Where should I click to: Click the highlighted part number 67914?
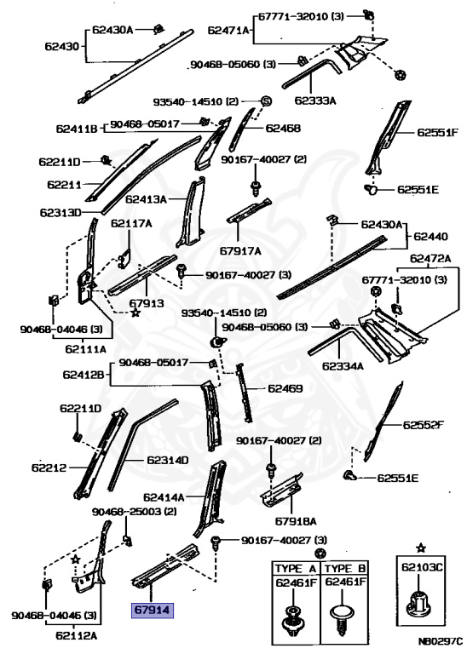coord(151,611)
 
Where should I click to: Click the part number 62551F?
coord(437,133)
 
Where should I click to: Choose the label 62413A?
coord(146,200)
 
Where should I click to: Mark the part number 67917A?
coord(240,250)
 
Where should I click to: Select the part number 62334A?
coord(343,366)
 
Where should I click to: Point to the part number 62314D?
coord(167,460)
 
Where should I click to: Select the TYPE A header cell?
coord(294,568)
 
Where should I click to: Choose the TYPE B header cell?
coord(344,568)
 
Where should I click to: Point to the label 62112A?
coord(78,634)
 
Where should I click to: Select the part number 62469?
coord(285,388)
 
